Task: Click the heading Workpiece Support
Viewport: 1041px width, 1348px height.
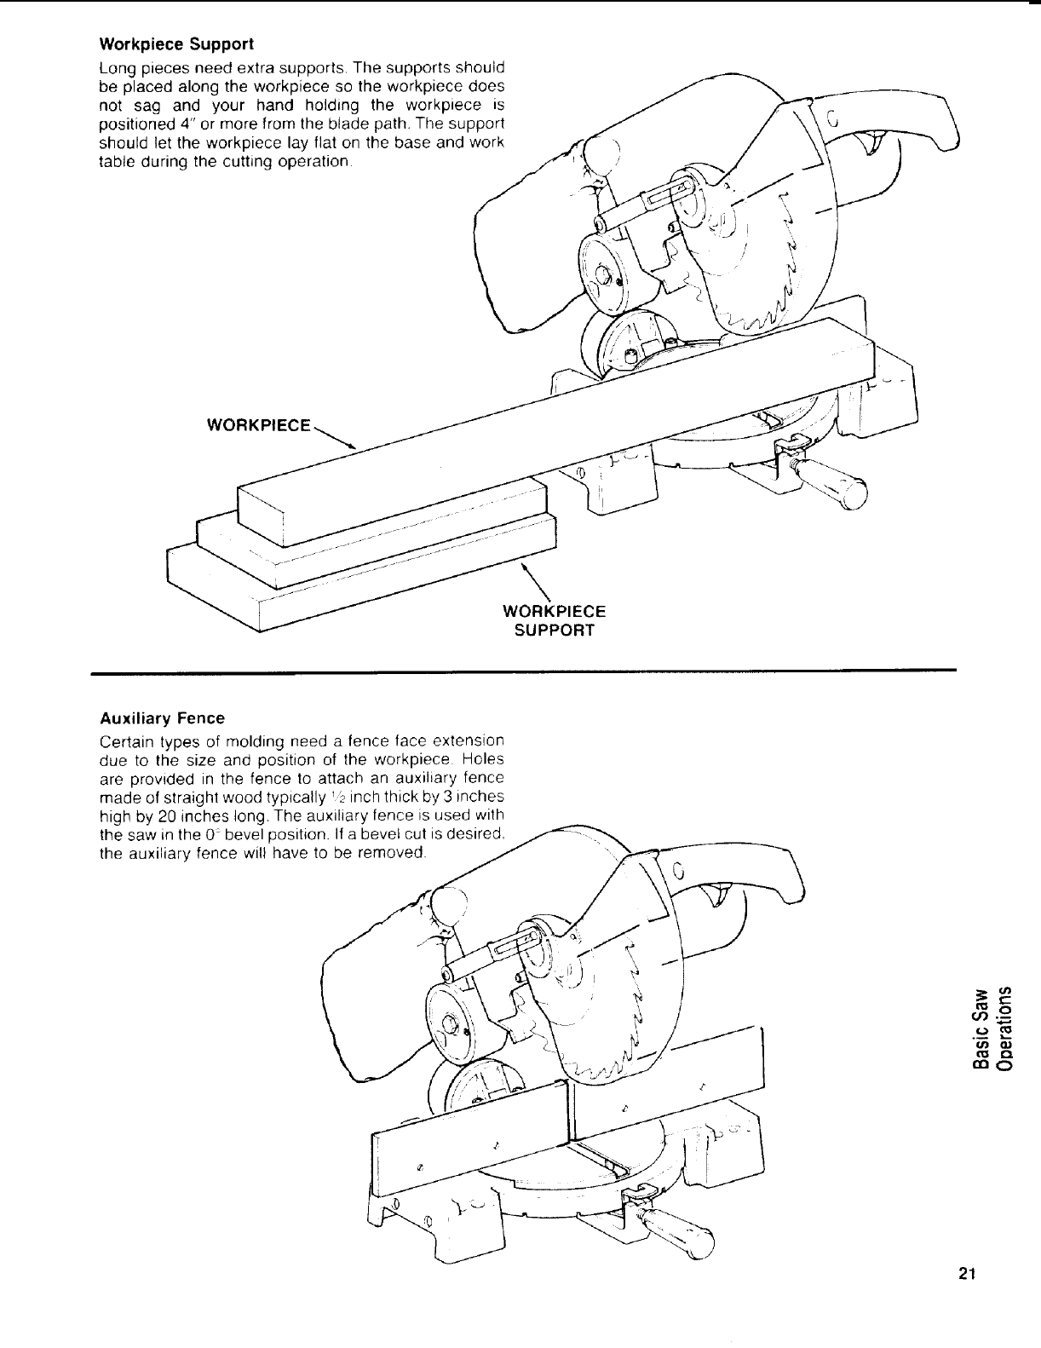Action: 176,43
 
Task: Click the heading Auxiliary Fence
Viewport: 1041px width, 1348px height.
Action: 162,718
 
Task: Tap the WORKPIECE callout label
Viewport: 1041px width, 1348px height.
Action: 258,424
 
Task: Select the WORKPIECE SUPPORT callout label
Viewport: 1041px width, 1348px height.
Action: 555,621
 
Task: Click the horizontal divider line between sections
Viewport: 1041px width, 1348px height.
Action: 523,673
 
